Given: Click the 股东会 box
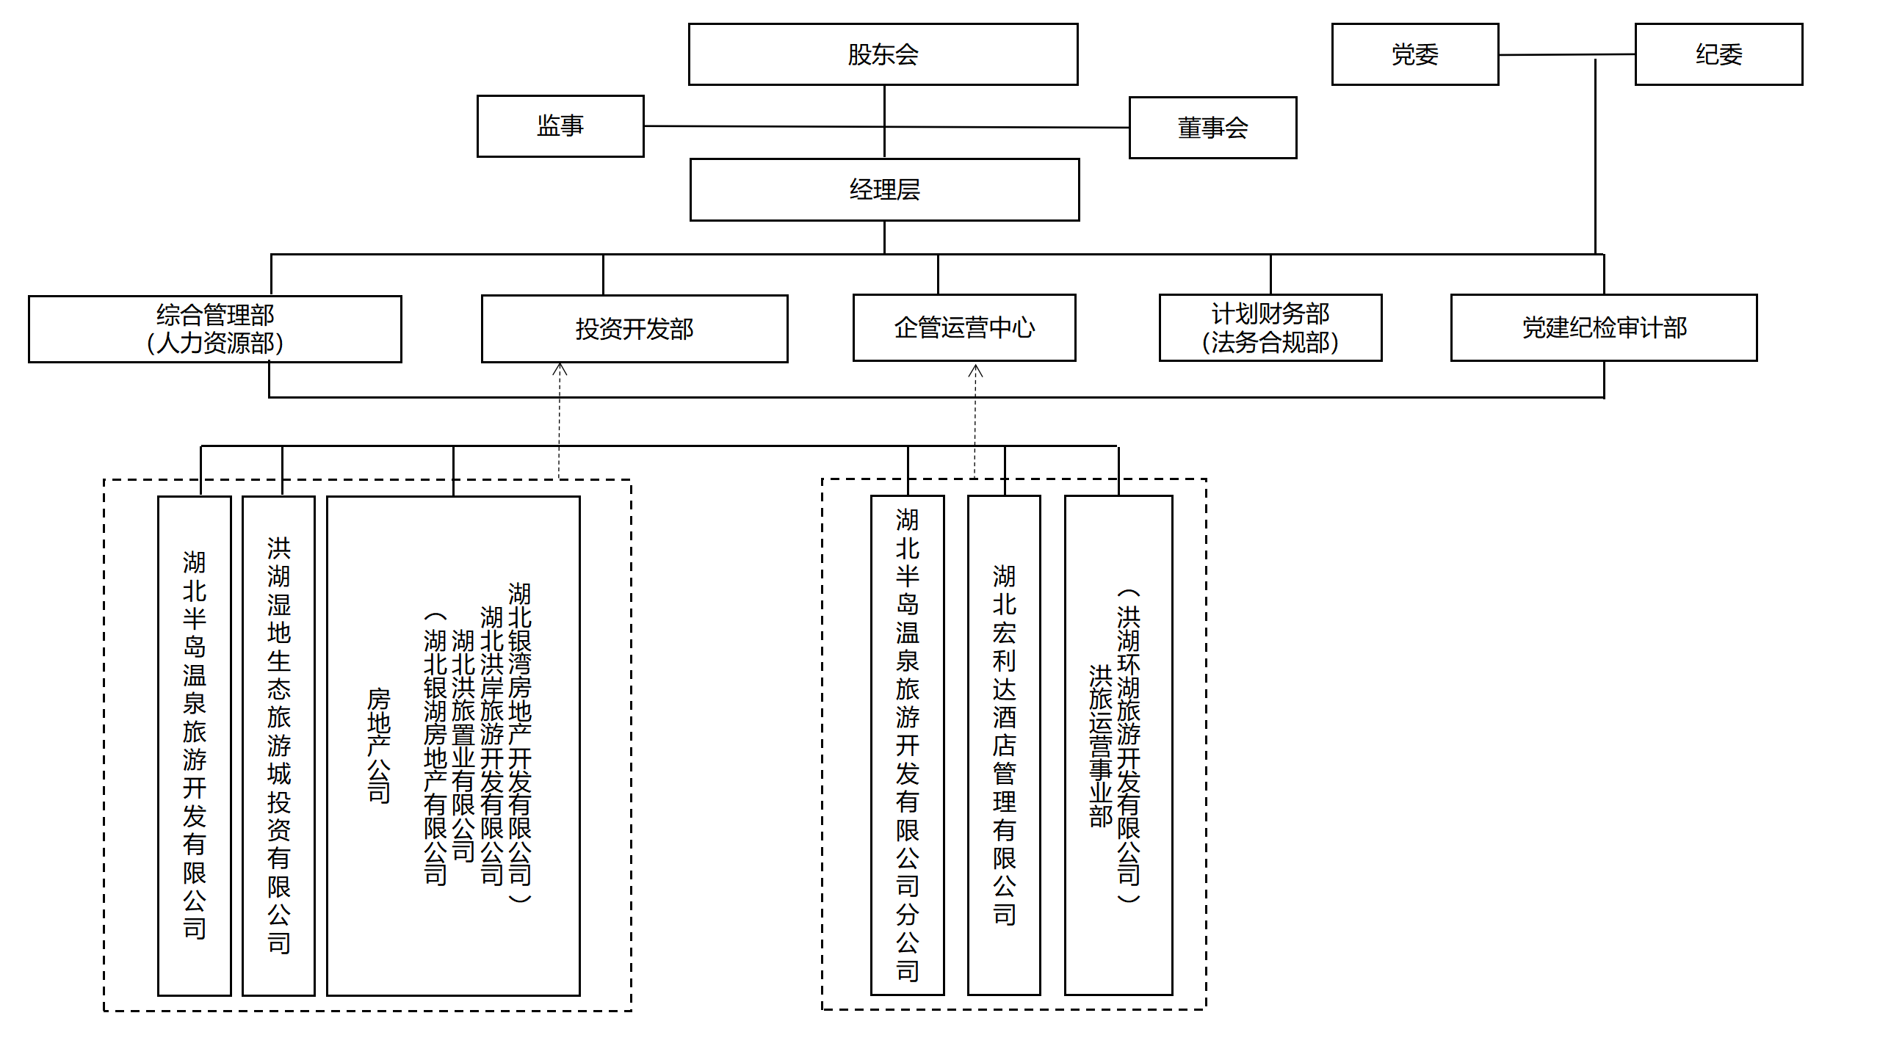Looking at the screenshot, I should click(x=883, y=54).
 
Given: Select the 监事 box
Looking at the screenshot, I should click(x=560, y=126).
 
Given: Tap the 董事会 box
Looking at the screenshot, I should click(x=1212, y=128).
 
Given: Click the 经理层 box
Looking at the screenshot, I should click(x=884, y=189).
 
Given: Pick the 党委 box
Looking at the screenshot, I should click(x=1414, y=54).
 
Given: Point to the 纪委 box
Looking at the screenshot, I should click(x=1718, y=54).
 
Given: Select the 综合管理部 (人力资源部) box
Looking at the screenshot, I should click(x=214, y=329).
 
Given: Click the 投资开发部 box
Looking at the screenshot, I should click(x=634, y=329).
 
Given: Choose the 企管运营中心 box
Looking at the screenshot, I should click(x=964, y=327).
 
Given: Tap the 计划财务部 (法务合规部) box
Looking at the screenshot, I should click(x=1270, y=327).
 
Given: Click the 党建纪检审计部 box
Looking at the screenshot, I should click(x=1604, y=327).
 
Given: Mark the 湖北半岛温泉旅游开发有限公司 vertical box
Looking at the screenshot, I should click(x=195, y=745).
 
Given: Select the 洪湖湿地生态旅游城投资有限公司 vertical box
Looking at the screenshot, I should click(x=279, y=745).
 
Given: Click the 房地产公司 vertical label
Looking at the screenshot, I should click(x=378, y=745).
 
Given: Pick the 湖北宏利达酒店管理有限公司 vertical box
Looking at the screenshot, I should click(x=1004, y=745).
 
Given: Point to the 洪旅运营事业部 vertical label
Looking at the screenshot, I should click(x=1100, y=745).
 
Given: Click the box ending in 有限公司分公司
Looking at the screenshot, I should click(x=908, y=745).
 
